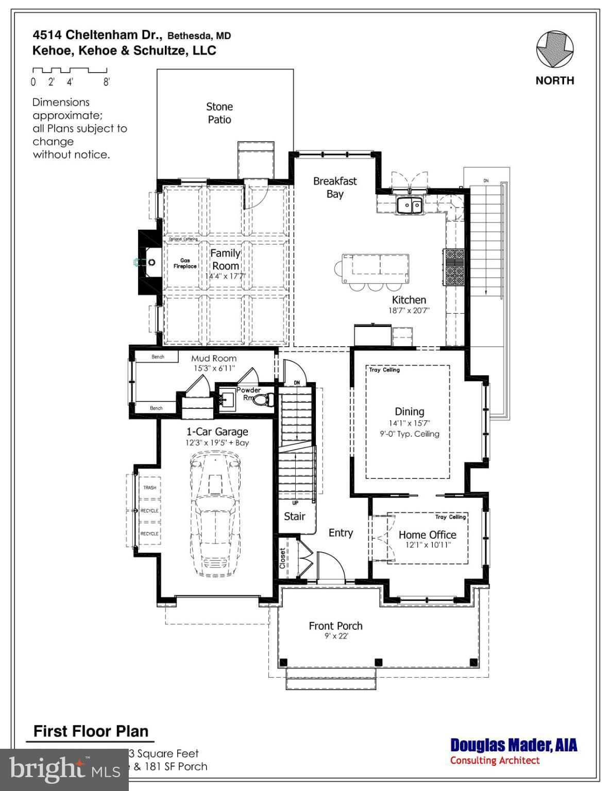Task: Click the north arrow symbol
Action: pyautogui.click(x=554, y=49)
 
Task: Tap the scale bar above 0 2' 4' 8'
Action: pyautogui.click(x=70, y=70)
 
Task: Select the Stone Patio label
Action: pyautogui.click(x=219, y=113)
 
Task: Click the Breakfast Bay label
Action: pyautogui.click(x=335, y=187)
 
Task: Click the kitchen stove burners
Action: pyautogui.click(x=454, y=267)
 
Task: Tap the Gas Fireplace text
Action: pyautogui.click(x=184, y=264)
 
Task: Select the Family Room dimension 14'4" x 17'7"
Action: pyautogui.click(x=225, y=276)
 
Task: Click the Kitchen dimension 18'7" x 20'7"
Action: pyautogui.click(x=409, y=311)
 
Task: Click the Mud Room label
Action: pyautogui.click(x=214, y=358)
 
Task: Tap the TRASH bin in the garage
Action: pyautogui.click(x=149, y=487)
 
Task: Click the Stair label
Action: pyautogui.click(x=295, y=516)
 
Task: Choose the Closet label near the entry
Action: pyautogui.click(x=283, y=558)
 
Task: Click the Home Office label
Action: pyautogui.click(x=427, y=535)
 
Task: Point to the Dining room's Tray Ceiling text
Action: pyautogui.click(x=384, y=370)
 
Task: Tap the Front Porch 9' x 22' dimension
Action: pyautogui.click(x=336, y=636)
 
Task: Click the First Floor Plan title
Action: pyautogui.click(x=91, y=731)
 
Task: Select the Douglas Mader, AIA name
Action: pyautogui.click(x=514, y=745)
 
